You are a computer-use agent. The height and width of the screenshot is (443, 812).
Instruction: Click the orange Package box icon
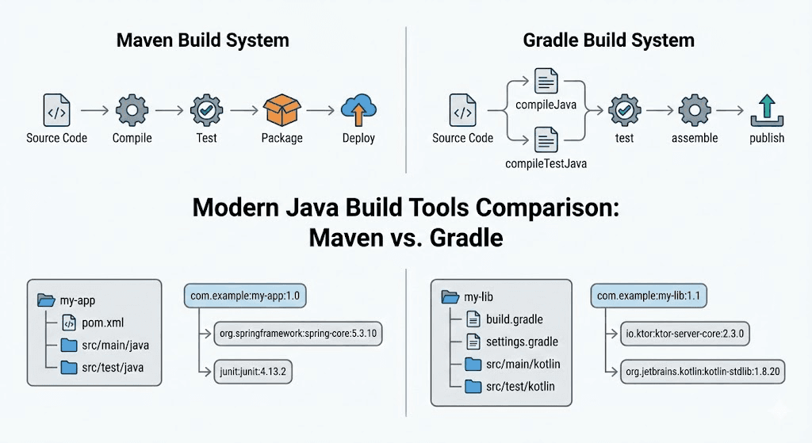pos(282,110)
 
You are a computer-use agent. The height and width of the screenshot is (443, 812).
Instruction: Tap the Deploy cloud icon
pos(358,110)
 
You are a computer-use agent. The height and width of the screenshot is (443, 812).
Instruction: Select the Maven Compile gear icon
pos(132,110)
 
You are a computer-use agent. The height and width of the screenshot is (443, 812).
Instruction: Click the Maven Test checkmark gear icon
pos(205,110)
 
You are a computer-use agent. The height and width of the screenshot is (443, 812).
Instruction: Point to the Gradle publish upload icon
pos(766,110)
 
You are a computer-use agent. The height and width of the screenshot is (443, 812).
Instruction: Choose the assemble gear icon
pos(694,110)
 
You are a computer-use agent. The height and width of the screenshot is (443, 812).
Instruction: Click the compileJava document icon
pos(546,82)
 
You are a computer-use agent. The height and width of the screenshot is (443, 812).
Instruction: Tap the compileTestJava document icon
pos(546,141)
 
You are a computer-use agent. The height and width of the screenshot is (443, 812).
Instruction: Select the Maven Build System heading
pos(203,40)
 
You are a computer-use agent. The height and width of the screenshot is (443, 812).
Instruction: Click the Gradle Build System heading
pos(608,40)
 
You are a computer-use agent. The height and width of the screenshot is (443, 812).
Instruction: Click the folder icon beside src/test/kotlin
pos(473,386)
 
